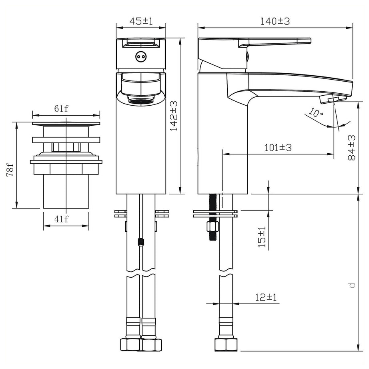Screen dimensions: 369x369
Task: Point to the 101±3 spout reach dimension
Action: click(278, 147)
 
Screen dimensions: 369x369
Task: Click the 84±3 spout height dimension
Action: click(351, 148)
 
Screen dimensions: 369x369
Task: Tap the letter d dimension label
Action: click(351, 285)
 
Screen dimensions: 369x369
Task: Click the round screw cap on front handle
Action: click(140, 57)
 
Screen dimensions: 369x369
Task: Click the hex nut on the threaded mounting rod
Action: click(212, 228)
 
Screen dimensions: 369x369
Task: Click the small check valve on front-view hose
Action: click(140, 242)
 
